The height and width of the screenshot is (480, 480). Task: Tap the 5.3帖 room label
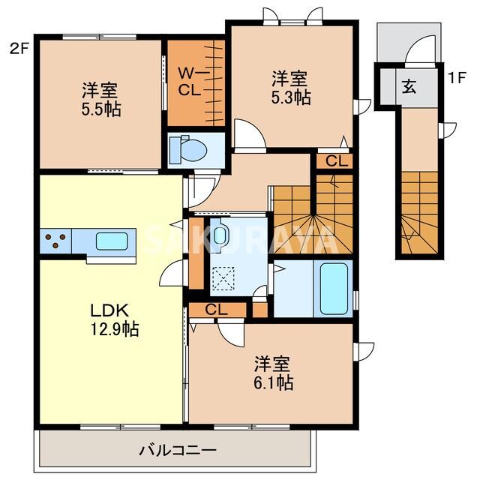point(291,87)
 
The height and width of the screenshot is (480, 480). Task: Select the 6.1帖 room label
point(272,373)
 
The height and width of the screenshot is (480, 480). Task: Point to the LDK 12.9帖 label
point(112,319)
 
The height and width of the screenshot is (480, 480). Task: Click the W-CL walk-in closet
point(195,82)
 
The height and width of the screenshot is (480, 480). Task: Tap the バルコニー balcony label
point(178,451)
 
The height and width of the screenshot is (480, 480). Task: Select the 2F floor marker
point(19,49)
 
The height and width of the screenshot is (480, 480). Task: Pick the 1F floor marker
point(456,76)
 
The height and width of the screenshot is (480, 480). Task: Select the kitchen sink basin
point(110,241)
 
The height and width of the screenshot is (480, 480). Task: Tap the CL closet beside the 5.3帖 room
point(335,160)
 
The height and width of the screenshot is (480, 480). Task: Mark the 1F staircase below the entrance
point(418,214)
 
